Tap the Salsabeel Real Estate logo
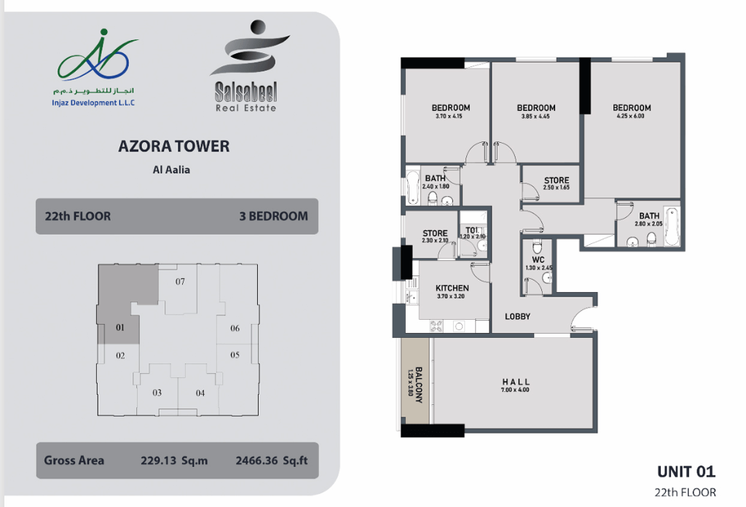[248, 66]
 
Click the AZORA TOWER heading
[173, 146]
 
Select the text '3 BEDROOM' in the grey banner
[274, 216]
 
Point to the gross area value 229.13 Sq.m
[174, 460]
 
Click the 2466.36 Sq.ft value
[272, 460]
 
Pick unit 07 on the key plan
[180, 282]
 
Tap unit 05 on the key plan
[235, 355]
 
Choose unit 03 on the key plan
[157, 393]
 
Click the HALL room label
[516, 382]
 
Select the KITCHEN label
[452, 288]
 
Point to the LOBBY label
[518, 316]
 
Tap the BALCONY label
[419, 385]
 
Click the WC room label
[538, 259]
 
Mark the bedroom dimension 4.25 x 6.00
[630, 116]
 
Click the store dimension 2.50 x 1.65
[556, 187]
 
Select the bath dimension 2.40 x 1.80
[436, 186]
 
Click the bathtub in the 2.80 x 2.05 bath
[672, 227]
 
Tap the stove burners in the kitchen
[436, 326]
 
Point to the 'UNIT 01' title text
[686, 472]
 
